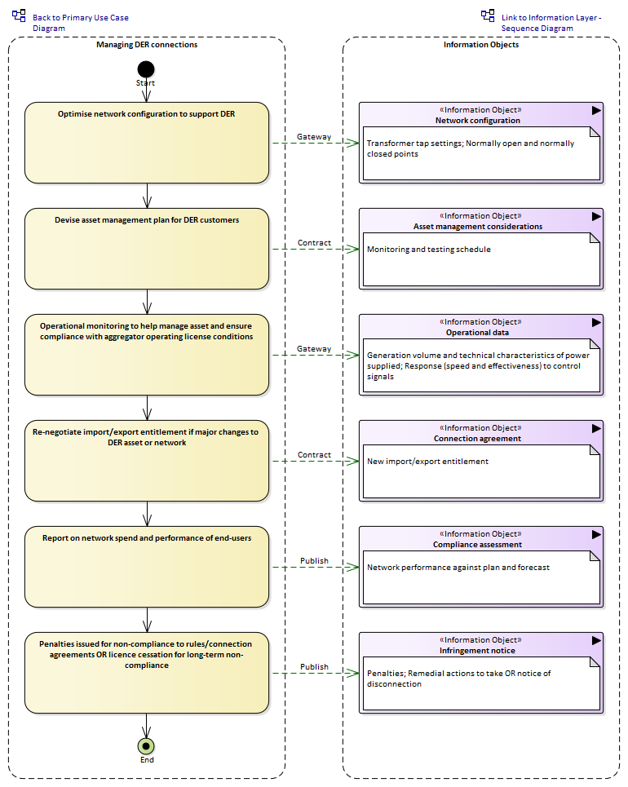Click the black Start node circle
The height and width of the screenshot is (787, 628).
(146, 69)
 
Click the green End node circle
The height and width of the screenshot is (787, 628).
(146, 746)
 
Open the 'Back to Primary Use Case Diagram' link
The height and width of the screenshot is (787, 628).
(80, 23)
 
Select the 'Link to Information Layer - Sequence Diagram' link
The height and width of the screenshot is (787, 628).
(551, 23)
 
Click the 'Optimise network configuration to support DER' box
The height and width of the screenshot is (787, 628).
(147, 143)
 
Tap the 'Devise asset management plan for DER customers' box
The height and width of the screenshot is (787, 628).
(147, 249)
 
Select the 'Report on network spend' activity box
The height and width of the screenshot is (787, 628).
(147, 567)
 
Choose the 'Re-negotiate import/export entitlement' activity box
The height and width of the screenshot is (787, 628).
(147, 461)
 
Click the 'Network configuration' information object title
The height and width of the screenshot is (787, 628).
(477, 121)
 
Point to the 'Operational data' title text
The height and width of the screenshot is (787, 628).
(477, 332)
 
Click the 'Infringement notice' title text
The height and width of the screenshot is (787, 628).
(477, 651)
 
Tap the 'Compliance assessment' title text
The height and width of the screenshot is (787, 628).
(477, 545)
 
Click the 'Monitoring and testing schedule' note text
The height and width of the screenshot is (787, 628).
(429, 250)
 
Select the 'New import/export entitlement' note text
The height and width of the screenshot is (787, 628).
(427, 462)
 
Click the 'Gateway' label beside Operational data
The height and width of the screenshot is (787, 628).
(314, 349)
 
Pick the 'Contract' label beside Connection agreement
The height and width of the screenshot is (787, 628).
(314, 455)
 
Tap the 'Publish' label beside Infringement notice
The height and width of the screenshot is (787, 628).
(314, 666)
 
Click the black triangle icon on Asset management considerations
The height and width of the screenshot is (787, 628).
(596, 216)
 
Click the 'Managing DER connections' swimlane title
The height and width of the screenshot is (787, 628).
(147, 45)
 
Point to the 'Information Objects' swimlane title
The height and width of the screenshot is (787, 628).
(481, 45)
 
